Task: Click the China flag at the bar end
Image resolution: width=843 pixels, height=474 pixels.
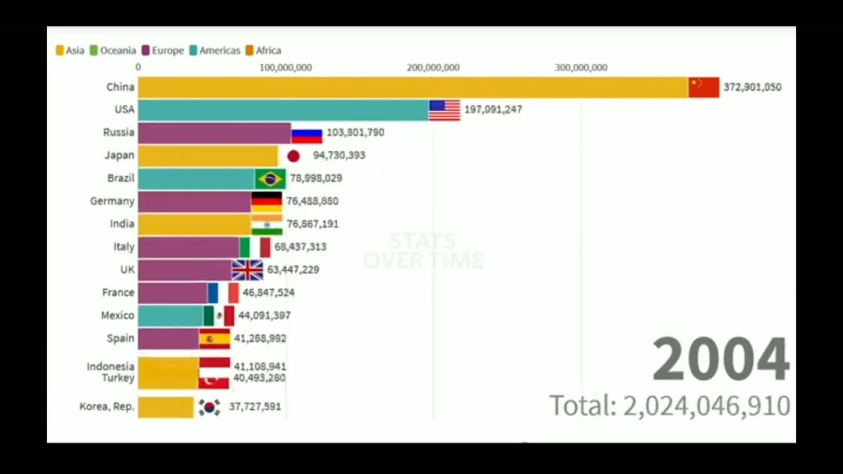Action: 703,87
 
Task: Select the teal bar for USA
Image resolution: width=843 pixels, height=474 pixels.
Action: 283,110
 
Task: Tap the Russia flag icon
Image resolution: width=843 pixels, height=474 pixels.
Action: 306,135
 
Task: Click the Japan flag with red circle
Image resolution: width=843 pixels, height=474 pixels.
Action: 293,156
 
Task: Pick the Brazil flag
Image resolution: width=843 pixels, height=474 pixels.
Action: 270,178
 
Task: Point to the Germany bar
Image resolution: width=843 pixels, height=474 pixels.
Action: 194,201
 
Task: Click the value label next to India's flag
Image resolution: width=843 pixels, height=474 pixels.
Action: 312,224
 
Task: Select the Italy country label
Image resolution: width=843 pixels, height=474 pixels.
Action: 124,247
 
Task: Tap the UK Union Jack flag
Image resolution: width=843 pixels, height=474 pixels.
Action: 247,270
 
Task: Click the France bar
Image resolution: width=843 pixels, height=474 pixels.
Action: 173,293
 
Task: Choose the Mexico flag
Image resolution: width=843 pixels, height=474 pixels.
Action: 219,315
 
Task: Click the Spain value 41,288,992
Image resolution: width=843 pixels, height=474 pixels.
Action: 259,338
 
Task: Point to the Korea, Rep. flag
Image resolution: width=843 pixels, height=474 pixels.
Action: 209,408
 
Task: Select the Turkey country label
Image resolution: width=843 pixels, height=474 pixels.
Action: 118,378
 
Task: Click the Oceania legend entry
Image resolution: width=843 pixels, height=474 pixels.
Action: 113,51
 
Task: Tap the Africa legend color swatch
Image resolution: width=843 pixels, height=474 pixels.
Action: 250,51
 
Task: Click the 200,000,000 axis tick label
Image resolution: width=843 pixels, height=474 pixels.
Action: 433,68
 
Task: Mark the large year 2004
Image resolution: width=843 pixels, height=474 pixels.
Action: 721,359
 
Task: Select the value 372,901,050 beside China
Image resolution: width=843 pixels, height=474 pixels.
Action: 752,87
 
